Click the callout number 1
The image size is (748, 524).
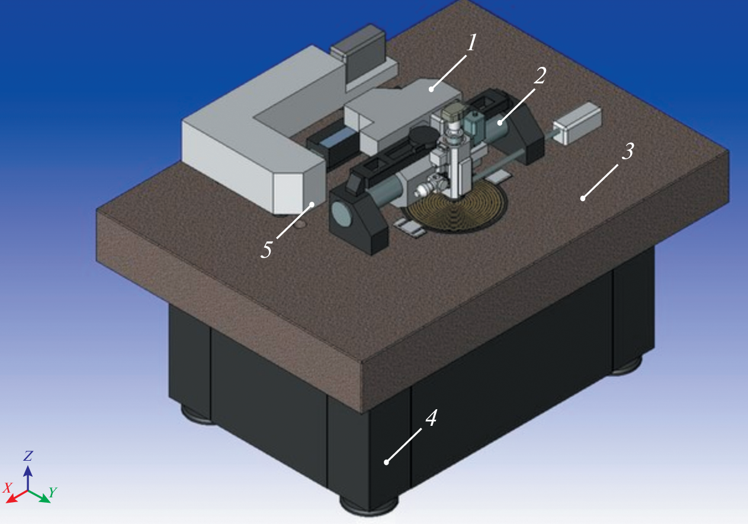coord(471,43)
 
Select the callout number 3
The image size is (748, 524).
coord(628,151)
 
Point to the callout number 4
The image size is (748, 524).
coord(431,418)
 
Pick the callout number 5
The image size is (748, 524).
coord(266,249)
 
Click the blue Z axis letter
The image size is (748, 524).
coord(28,455)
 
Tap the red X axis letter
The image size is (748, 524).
coord(7,488)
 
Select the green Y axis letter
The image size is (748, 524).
coord(53,492)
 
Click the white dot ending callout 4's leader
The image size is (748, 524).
coord(386,462)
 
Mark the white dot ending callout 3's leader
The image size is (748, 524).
coord(583,199)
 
